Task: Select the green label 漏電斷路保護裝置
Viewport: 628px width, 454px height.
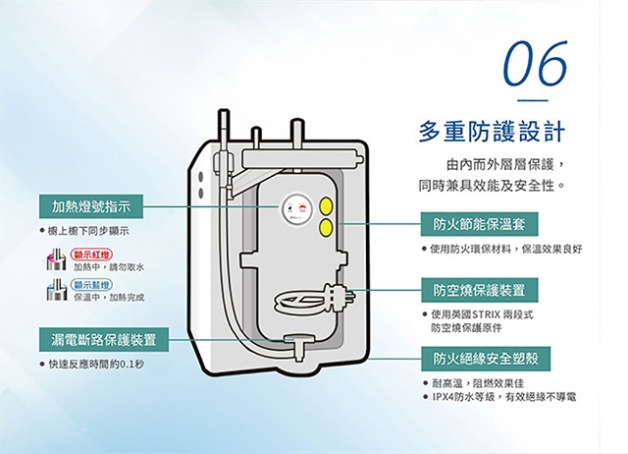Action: [x=103, y=340]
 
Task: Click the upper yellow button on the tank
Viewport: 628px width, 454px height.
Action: [x=327, y=206]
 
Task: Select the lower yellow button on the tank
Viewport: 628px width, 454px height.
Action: [x=327, y=228]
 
